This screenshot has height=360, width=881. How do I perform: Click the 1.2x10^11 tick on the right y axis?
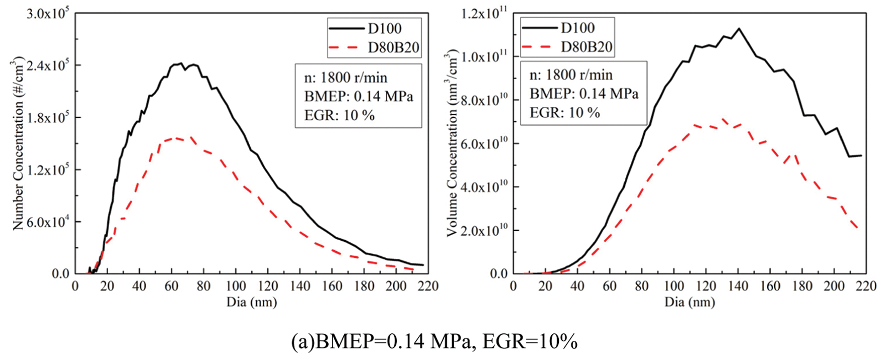(x=484, y=14)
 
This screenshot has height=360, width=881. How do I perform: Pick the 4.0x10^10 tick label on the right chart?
(x=484, y=187)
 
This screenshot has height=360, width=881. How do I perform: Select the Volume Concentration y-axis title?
(x=453, y=143)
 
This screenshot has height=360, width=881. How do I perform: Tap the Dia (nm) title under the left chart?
(x=251, y=302)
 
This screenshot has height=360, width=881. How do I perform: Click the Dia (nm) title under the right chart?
(x=689, y=302)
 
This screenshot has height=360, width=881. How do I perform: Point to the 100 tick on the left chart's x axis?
(x=236, y=286)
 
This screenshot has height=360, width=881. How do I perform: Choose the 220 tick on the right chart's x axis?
(x=866, y=286)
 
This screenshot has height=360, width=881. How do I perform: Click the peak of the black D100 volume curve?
(x=739, y=29)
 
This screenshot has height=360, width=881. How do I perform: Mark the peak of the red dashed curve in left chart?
(x=176, y=137)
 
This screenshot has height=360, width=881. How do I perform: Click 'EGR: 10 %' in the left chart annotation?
(x=339, y=115)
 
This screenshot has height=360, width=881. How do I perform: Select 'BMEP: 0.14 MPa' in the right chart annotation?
(x=583, y=94)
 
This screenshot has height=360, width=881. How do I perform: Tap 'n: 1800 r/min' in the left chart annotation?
(x=345, y=78)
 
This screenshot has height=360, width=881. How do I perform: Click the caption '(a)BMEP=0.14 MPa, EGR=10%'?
(x=434, y=342)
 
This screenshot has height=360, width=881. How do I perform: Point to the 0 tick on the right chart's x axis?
(x=513, y=286)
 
